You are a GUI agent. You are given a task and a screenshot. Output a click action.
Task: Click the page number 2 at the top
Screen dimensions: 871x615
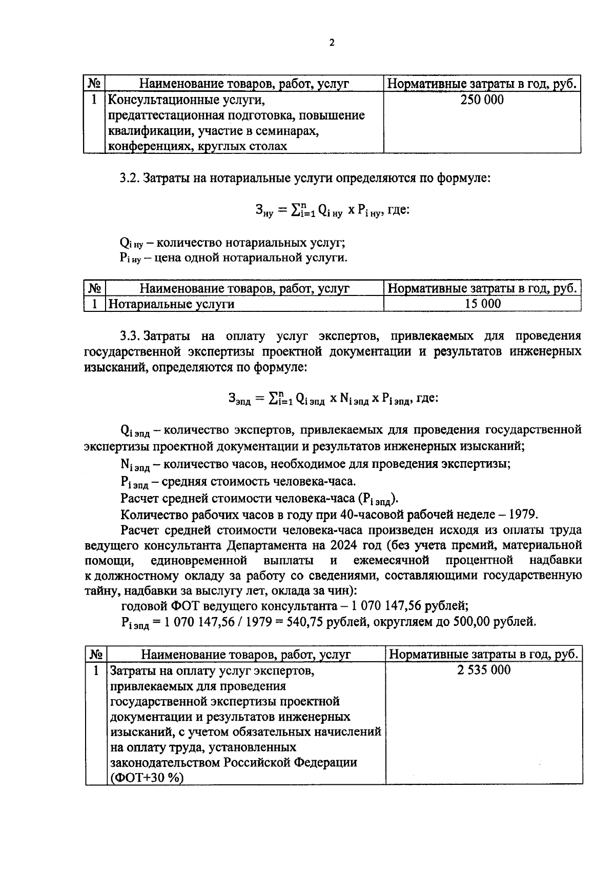tap(331, 43)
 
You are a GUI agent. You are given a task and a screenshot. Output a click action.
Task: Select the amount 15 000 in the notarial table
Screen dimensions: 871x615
tap(482, 304)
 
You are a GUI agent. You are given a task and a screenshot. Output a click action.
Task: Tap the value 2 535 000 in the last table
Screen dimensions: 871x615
tap(484, 670)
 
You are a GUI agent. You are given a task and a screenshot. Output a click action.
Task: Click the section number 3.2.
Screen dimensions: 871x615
tap(130, 179)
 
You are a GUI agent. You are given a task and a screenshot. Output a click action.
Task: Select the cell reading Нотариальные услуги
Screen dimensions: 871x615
tap(172, 304)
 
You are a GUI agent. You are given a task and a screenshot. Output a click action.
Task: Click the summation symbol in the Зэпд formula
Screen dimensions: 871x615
tap(274, 398)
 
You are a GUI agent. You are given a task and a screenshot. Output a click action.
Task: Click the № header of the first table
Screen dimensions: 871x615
tap(94, 84)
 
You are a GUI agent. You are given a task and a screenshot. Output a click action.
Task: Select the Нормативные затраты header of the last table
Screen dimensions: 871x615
tap(484, 654)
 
